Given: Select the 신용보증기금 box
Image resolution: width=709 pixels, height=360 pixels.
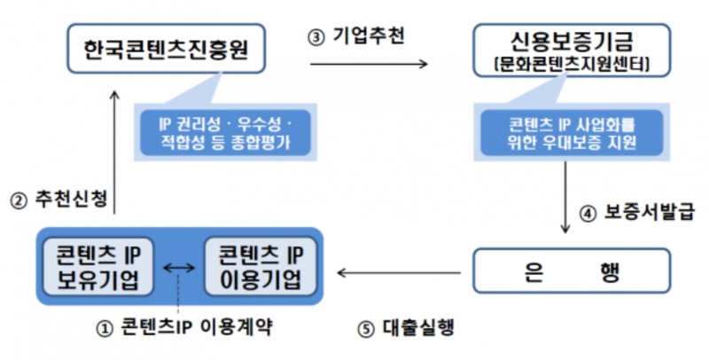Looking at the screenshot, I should coord(561,51).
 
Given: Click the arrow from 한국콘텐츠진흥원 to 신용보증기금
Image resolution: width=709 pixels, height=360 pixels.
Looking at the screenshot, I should coord(368,64).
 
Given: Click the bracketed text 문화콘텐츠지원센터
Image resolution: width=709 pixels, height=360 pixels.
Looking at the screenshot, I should coord(561,67).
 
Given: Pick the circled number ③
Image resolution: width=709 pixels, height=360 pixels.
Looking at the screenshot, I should coord(316,35).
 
